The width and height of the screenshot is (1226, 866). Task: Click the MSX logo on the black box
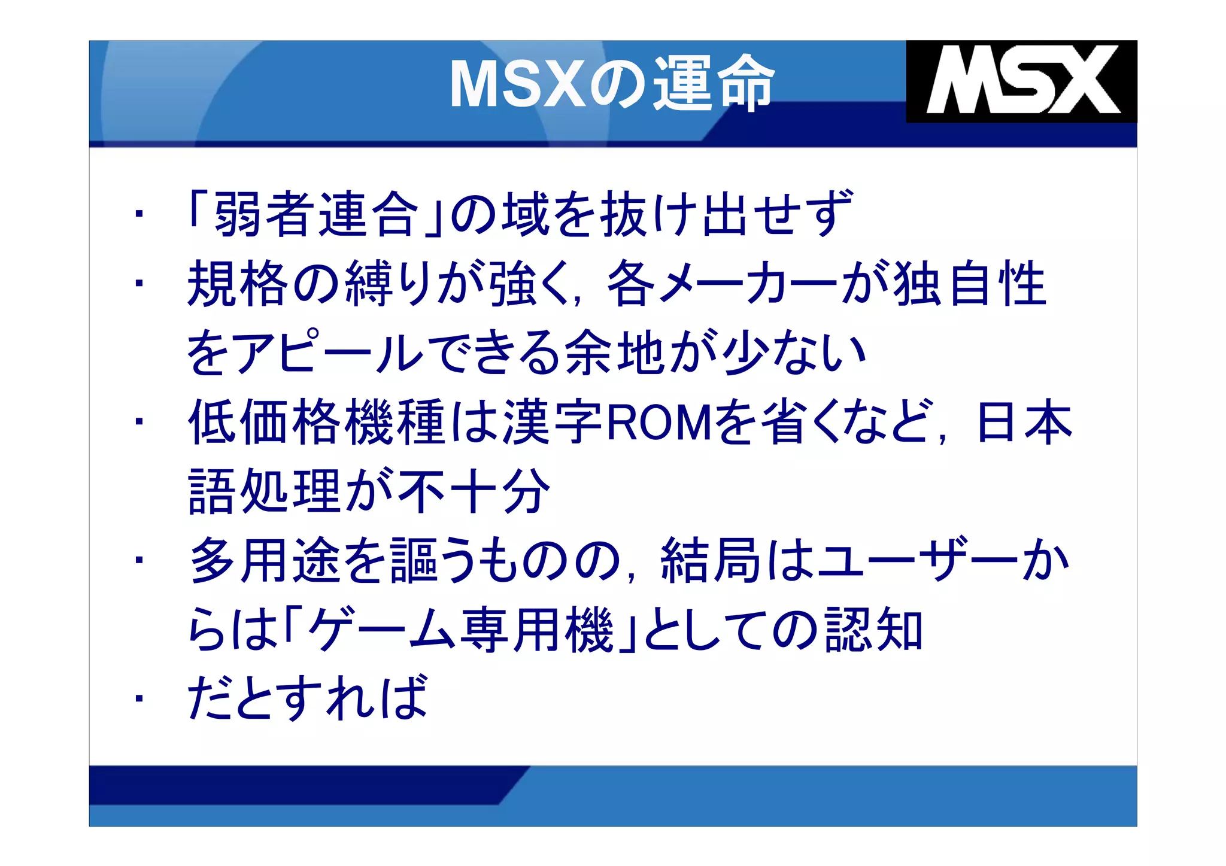1022,80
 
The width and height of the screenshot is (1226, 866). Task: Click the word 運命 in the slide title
713,83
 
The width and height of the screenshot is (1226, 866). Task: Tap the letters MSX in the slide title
518,84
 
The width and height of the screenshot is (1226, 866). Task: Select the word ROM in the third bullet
659,423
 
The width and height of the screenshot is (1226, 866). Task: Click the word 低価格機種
317,423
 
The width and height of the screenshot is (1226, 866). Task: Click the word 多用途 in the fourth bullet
265,561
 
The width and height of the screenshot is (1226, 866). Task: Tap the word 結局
711,561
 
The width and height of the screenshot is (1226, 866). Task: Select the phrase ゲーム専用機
461,630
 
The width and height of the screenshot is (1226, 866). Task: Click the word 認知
873,630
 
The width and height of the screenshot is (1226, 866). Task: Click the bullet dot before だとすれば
139,698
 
